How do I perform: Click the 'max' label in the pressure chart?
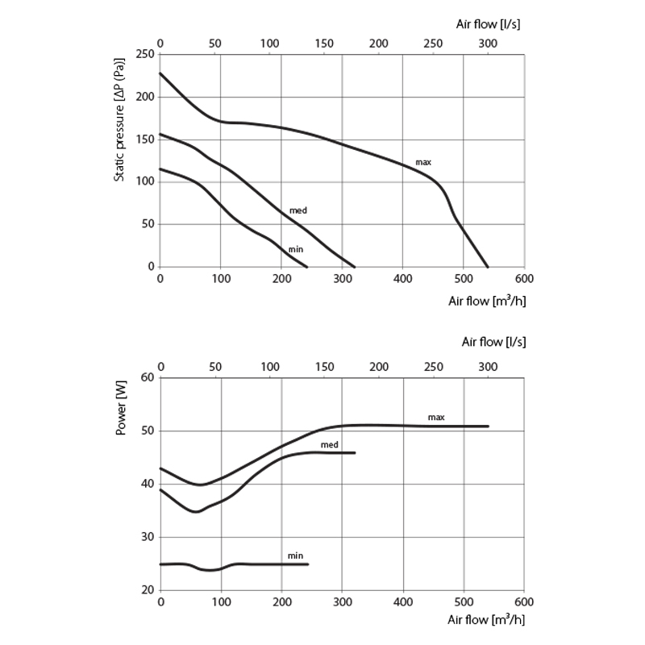click(x=423, y=162)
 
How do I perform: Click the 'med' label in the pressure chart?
click(x=298, y=210)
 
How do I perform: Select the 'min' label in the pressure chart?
click(x=296, y=250)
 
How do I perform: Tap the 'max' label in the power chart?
click(x=436, y=417)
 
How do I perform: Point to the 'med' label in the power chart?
click(x=329, y=444)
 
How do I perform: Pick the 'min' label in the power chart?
click(x=295, y=556)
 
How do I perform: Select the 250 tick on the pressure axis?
click(x=145, y=55)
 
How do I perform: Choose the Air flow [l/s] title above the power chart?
click(x=493, y=342)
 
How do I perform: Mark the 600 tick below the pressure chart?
click(x=524, y=279)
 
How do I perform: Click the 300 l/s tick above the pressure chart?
click(x=488, y=42)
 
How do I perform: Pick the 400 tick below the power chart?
click(x=403, y=602)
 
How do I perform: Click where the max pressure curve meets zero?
click(x=488, y=267)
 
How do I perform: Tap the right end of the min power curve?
click(x=308, y=564)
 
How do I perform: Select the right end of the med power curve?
click(x=355, y=453)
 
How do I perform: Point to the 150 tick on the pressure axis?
click(x=145, y=139)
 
